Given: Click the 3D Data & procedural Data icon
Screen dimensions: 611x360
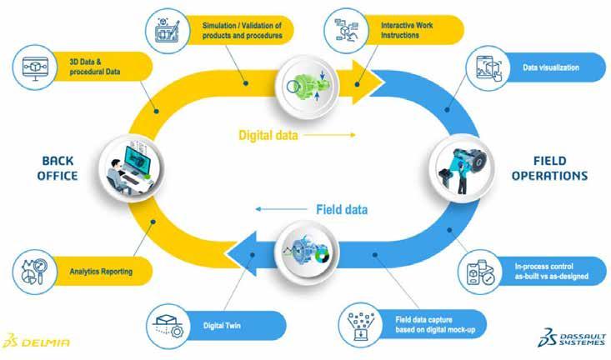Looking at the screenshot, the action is (35, 66).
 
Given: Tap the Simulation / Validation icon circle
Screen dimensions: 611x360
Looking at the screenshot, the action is (169, 30).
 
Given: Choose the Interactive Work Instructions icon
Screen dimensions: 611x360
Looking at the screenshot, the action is (345, 27).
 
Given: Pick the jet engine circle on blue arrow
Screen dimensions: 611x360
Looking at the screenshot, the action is (303, 247).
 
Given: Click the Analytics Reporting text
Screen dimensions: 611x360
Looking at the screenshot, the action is (102, 270).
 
